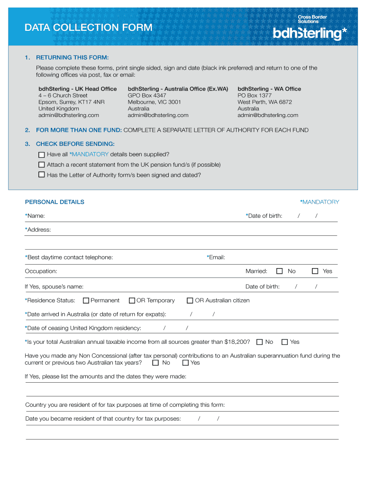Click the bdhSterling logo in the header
tap(310, 33)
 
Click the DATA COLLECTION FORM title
tap(89, 28)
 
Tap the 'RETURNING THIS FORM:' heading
tap(72, 58)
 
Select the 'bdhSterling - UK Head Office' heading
tap(77, 89)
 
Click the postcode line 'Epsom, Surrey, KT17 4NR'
tap(72, 102)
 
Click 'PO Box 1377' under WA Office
tap(255, 96)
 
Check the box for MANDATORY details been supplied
tap(41, 154)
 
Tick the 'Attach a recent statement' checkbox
tap(41, 165)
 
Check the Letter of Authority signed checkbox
tap(41, 175)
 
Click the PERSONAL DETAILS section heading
tap(55, 202)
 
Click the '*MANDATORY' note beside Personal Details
tap(319, 202)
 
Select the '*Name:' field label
tap(35, 216)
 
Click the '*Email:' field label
tap(216, 257)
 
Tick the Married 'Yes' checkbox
tap(315, 271)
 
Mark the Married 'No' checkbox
tap(280, 271)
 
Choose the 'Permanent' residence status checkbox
tap(86, 300)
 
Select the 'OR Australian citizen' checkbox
tap(190, 300)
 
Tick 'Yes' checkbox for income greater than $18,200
tap(285, 342)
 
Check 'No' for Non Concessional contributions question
tap(155, 363)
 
